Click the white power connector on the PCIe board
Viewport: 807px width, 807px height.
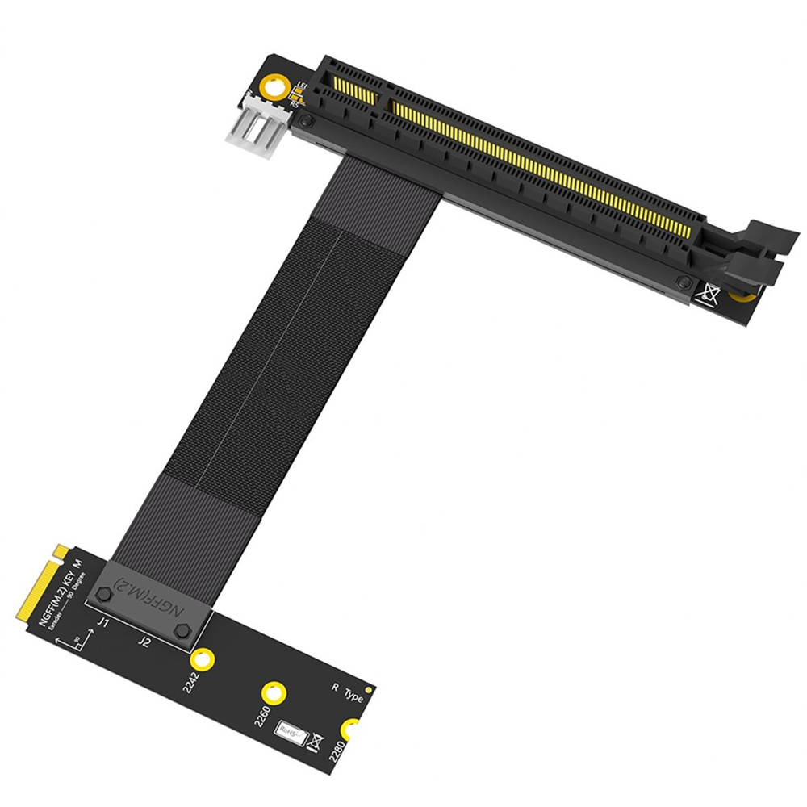(259, 128)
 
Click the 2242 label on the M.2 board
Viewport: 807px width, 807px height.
(191, 682)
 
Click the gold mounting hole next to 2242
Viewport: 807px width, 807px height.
(205, 657)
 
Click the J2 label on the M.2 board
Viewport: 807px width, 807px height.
(144, 642)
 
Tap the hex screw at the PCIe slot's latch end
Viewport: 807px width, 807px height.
(684, 282)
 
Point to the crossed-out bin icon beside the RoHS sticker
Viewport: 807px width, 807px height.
(317, 741)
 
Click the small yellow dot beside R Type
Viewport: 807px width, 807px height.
(369, 690)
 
